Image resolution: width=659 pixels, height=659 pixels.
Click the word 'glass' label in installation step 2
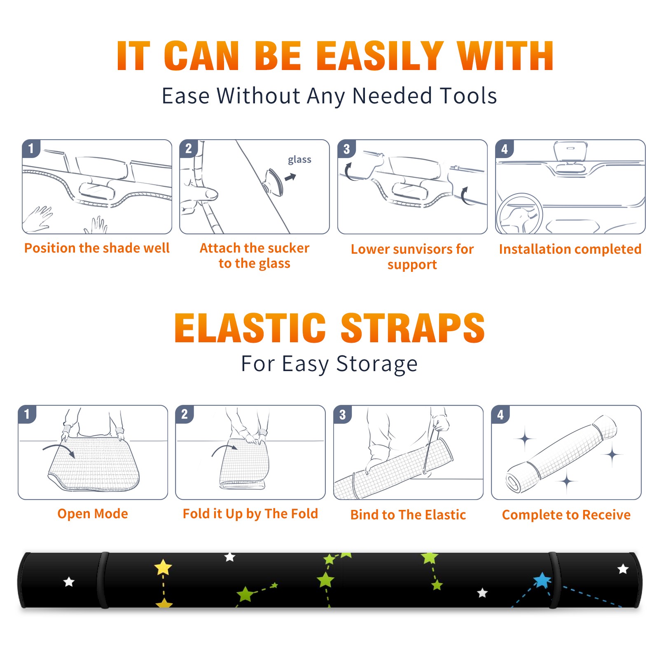pyautogui.click(x=299, y=160)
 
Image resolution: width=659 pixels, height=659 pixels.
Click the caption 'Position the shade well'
pyautogui.click(x=97, y=248)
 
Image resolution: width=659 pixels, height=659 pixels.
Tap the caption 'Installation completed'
pyautogui.click(x=570, y=249)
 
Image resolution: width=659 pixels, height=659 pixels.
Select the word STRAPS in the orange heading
pyautogui.click(x=413, y=328)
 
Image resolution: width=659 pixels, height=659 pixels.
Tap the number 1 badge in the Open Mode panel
pyautogui.click(x=27, y=414)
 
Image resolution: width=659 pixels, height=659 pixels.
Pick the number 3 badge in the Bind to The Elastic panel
pyautogui.click(x=343, y=414)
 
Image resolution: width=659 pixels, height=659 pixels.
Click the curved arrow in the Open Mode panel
pyautogui.click(x=59, y=449)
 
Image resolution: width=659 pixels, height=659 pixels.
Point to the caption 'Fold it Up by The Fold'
pyautogui.click(x=250, y=514)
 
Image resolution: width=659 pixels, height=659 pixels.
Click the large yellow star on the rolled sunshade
pyautogui.click(x=163, y=567)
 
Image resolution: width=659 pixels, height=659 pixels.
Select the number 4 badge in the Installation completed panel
pyautogui.click(x=505, y=149)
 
